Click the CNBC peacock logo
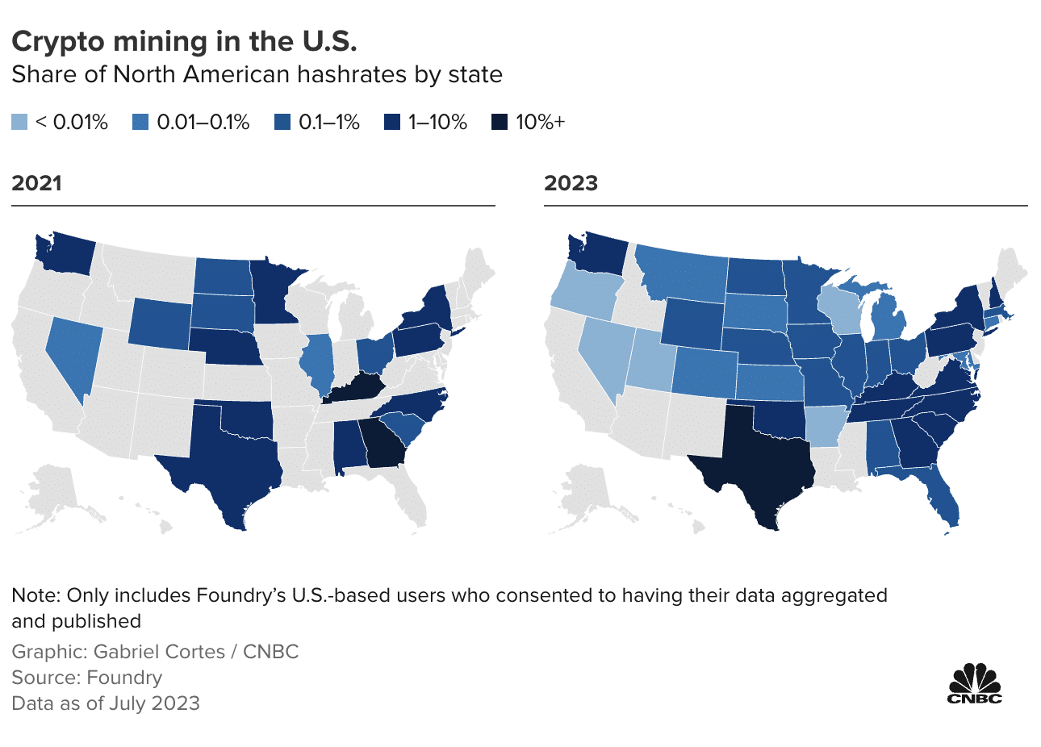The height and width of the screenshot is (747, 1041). click(x=974, y=682)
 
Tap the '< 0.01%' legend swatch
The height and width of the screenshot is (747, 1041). click(x=19, y=123)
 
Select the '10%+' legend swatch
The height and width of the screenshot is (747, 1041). click(x=500, y=123)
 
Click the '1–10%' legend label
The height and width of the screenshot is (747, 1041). click(x=437, y=123)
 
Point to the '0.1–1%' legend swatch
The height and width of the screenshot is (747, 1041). click(x=283, y=123)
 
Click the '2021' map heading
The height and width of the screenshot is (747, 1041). click(x=37, y=183)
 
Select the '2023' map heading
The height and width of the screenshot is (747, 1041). click(x=571, y=183)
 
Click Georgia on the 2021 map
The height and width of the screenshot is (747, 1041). click(x=383, y=444)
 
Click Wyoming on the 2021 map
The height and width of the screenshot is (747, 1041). click(x=159, y=321)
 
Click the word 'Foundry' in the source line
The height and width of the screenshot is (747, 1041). click(x=124, y=678)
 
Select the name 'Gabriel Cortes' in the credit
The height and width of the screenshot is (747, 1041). click(x=159, y=652)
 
